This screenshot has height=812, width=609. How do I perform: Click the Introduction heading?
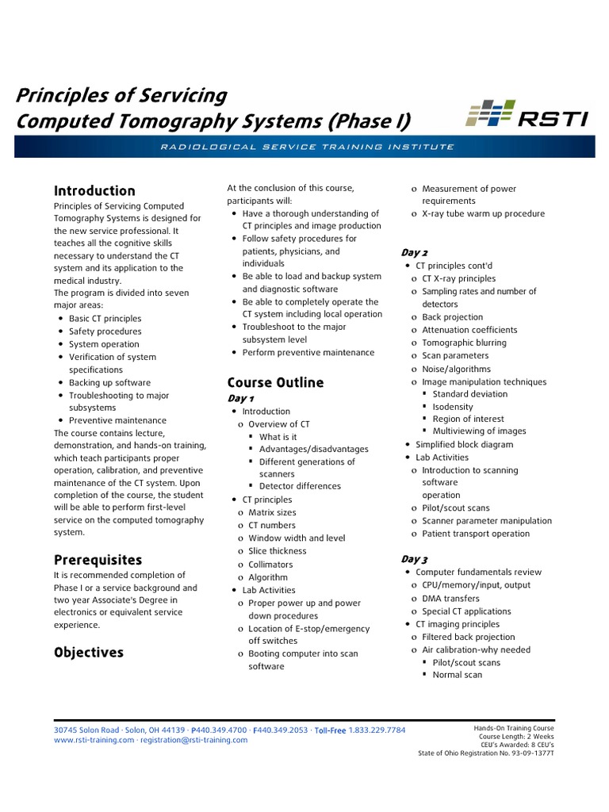[94, 191]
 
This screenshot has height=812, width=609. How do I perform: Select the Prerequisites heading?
[98, 560]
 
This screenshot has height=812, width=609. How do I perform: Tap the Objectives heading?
[89, 653]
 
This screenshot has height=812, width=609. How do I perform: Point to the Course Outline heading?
[275, 382]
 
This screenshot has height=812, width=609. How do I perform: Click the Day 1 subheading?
[241, 398]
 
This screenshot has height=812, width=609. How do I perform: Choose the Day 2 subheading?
[414, 252]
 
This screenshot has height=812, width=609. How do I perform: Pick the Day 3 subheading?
[414, 559]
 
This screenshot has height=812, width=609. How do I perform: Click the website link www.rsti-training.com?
[94, 740]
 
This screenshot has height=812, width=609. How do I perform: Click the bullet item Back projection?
[452, 317]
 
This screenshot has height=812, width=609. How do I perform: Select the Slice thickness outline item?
[277, 551]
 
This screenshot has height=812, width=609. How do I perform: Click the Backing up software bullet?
[109, 382]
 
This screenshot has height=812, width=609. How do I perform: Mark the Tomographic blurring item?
[464, 343]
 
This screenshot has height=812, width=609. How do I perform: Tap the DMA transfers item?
[450, 598]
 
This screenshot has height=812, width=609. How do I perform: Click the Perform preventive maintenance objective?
[297, 352]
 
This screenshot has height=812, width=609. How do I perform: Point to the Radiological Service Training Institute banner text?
[304, 147]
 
